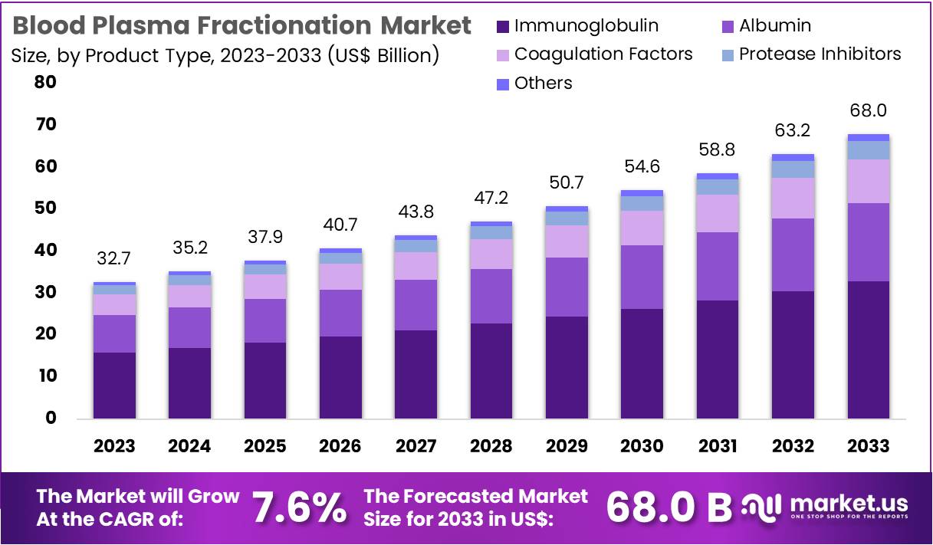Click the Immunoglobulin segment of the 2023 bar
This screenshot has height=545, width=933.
(114, 385)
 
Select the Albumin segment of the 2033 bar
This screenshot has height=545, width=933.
(868, 242)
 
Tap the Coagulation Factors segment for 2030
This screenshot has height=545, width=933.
(642, 228)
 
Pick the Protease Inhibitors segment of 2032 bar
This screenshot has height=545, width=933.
(793, 169)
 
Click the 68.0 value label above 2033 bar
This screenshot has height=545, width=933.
(868, 111)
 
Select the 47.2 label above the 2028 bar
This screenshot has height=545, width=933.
(491, 199)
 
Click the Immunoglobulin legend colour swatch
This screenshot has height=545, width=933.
(503, 27)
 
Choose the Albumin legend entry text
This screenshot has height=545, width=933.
(774, 26)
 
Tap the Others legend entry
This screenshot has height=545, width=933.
(543, 83)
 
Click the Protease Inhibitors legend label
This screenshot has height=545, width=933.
(820, 54)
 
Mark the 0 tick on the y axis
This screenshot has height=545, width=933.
(51, 418)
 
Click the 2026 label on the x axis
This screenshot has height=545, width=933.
(340, 446)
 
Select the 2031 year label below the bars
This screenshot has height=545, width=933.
(717, 446)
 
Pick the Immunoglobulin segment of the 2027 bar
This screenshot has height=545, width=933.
(416, 374)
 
